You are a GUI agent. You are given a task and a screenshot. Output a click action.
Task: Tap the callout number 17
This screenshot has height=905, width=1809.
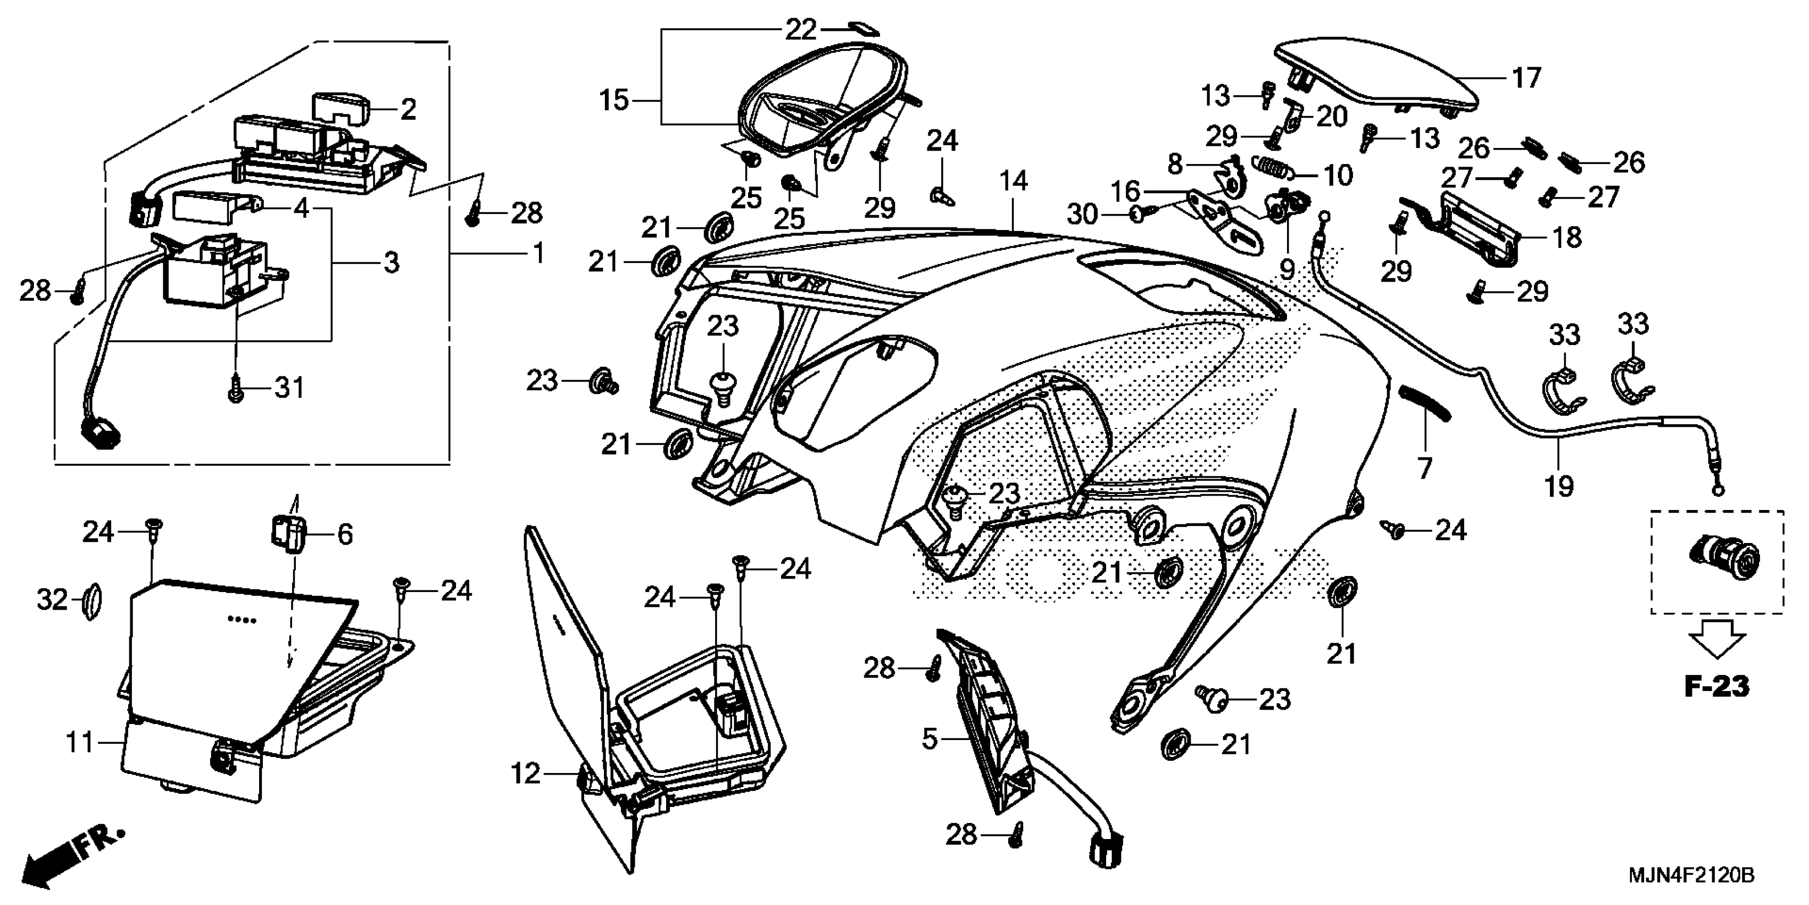1526,77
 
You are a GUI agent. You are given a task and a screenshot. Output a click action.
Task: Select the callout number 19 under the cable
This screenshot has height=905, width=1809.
1559,486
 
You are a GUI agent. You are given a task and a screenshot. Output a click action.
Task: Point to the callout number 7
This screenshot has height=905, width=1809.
1425,467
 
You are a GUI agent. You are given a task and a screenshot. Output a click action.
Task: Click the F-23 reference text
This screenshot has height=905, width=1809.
1717,687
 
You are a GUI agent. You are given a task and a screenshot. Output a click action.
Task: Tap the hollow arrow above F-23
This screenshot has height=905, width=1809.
1716,640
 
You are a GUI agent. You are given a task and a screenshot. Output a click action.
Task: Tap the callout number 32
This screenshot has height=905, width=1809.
52,600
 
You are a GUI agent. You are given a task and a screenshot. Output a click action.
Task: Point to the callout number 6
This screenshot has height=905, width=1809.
345,534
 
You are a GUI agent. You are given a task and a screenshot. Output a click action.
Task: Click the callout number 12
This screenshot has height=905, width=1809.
525,774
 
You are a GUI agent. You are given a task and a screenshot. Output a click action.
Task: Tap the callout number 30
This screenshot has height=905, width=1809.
1082,213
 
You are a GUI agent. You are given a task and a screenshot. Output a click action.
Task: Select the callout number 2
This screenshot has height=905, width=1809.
408,109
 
